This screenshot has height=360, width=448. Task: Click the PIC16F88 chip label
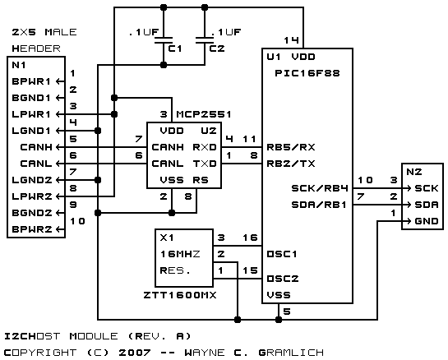[x=307, y=73]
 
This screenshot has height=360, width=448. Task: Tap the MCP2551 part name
[x=204, y=114]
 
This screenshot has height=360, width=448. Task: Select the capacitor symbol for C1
[x=164, y=40]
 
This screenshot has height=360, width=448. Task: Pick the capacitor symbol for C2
[x=205, y=40]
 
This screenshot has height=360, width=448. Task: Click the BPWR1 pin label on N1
[x=31, y=81]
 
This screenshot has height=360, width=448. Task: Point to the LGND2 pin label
[x=32, y=180]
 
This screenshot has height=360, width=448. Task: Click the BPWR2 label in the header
[x=32, y=229]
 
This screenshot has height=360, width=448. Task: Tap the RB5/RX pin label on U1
[x=291, y=147]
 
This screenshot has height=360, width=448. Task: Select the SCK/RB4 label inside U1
[x=320, y=188]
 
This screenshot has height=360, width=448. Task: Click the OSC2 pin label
[x=283, y=279]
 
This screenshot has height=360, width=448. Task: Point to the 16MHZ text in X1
[x=180, y=254]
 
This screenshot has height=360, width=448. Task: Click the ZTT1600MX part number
[x=180, y=295]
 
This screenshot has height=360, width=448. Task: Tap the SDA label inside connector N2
[x=427, y=205]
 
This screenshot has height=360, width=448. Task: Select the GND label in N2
[x=427, y=221]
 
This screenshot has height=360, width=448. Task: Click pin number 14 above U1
[x=291, y=40]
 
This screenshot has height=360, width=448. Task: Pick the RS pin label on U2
[x=201, y=180]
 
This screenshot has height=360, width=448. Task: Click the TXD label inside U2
[x=205, y=164]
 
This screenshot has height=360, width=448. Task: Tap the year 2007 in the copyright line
[x=135, y=353]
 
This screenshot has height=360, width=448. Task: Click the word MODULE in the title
[x=94, y=336]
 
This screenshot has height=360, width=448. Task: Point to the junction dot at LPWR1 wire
[x=114, y=114]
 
